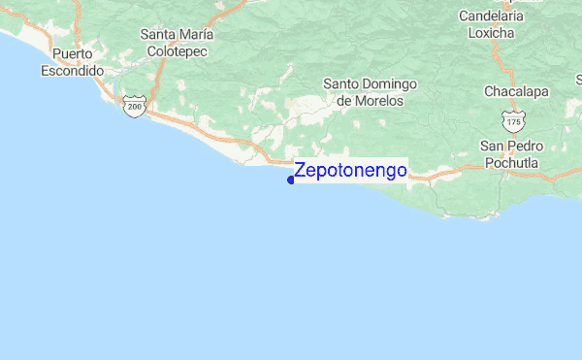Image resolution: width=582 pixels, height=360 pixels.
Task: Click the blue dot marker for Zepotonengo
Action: coord(291,180)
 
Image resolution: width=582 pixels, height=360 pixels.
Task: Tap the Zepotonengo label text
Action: coord(350,171)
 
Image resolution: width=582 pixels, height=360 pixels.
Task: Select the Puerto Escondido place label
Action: coord(72,62)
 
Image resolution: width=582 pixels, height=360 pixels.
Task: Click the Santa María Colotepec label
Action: coord(177,43)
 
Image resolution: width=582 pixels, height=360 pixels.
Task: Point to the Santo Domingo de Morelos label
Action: coord(370,92)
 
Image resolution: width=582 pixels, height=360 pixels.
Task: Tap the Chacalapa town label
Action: coord(516,91)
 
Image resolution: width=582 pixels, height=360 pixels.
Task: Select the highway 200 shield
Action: coord(135,107)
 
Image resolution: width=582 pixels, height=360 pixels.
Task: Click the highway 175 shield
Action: coord(514,120)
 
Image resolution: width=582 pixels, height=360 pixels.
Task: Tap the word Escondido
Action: coord(72,71)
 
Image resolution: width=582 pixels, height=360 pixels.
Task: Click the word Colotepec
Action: coord(177,51)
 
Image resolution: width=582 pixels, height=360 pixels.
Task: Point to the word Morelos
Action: coord(370,101)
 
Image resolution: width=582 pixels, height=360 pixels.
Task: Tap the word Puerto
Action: coord(72,53)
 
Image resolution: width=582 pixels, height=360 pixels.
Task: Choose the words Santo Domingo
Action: coord(370,83)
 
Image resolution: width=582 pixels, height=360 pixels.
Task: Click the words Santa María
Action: coord(177,34)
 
